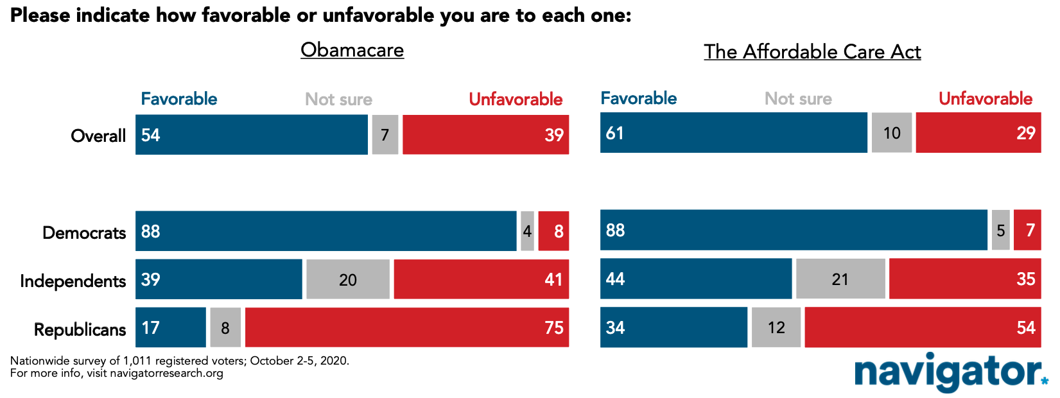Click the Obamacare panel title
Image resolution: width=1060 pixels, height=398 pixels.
coord(352,50)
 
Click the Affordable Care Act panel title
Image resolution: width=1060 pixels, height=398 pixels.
coord(812,51)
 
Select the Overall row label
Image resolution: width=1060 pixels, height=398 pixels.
coord(98,136)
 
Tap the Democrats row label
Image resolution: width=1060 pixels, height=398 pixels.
coord(84,233)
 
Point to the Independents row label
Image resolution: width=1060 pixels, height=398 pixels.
coord(73,281)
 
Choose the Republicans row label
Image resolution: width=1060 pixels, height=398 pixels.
coord(80,329)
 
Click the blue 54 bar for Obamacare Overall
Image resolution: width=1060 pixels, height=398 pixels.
coord(251,134)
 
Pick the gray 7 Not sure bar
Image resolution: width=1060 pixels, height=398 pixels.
coord(385,134)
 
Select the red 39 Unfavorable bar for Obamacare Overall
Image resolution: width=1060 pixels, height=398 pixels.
coord(485,134)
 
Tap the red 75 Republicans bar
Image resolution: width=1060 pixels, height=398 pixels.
coord(407,327)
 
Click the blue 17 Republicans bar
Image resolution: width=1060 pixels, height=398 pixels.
coord(170,327)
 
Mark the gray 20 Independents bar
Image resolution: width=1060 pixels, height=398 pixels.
coord(348,279)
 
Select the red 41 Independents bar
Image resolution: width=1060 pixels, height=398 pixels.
coord(482,279)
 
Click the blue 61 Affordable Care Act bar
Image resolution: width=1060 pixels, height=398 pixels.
coord(733,132)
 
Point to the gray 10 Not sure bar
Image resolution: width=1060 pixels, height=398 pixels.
coord(892,132)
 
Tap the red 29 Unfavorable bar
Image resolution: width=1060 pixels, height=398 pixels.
coord(978,132)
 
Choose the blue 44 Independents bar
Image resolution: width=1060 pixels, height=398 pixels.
coord(695,279)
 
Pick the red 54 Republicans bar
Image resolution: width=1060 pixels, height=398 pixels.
coord(923,327)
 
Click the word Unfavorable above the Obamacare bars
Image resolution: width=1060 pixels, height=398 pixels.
coord(516,99)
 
